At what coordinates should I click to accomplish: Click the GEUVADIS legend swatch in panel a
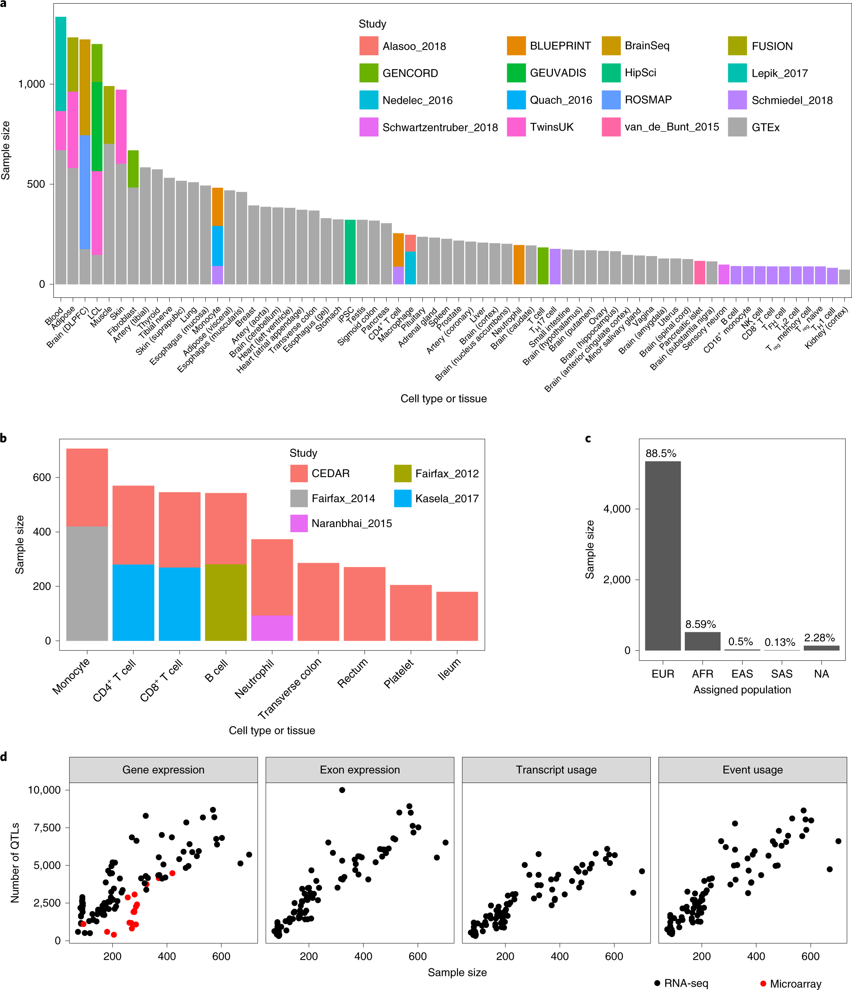pos(516,73)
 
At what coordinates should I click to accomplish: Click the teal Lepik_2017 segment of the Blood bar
pos(61,64)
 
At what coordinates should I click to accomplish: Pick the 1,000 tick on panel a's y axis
pos(31,84)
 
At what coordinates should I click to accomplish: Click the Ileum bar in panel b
pos(457,616)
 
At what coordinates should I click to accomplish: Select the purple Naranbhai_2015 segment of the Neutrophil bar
pos(272,628)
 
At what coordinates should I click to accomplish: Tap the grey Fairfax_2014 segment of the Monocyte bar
pos(87,583)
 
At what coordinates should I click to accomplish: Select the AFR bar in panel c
pos(702,641)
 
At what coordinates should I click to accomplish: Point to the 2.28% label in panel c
pos(819,637)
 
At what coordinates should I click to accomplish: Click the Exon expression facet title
pos(359,770)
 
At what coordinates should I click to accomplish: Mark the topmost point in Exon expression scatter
pos(342,790)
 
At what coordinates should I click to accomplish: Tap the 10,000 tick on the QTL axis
pos(44,790)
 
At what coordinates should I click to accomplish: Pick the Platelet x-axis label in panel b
pos(399,673)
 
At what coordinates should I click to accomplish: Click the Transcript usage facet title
pos(556,770)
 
